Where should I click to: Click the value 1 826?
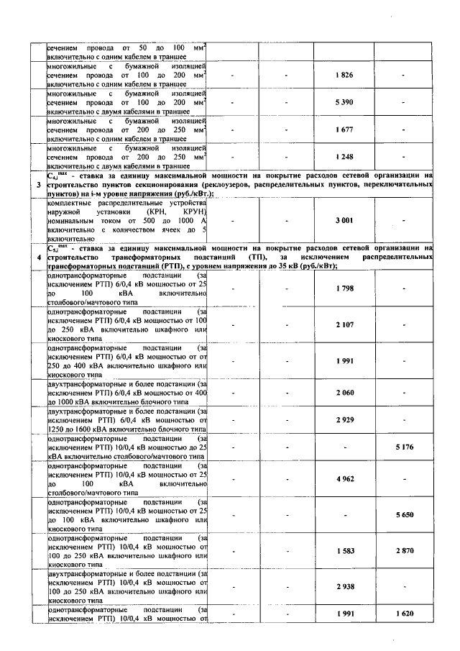[344, 76]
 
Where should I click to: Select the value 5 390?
[344, 103]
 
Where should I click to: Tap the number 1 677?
[344, 129]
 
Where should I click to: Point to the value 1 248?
[344, 156]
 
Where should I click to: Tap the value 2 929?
[344, 419]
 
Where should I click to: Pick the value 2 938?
[344, 587]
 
